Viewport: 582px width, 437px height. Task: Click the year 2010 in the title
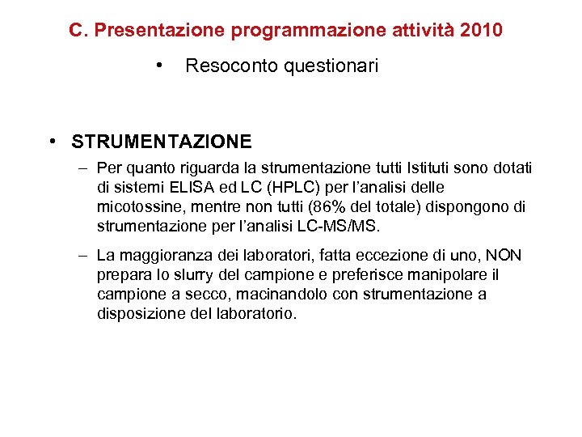point(482,31)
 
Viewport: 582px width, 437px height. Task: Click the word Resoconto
point(230,66)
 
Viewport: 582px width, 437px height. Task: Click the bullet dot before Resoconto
point(162,65)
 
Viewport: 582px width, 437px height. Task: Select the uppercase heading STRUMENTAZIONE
point(162,142)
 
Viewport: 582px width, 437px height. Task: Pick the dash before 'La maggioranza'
point(85,257)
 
